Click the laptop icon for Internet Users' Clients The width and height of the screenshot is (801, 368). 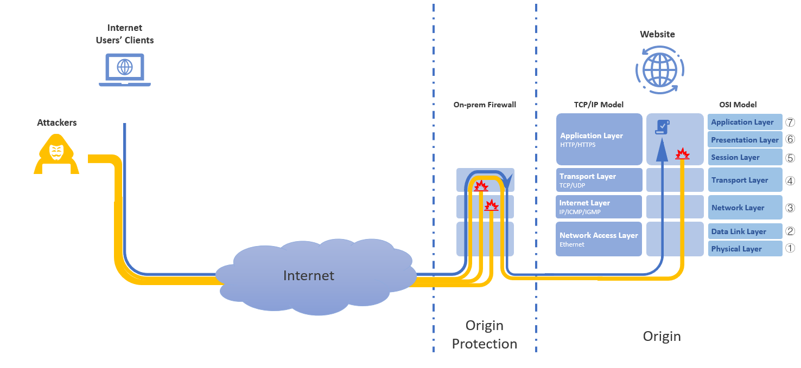coord(125,69)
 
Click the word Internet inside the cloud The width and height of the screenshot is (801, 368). coord(309,275)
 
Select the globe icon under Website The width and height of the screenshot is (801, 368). coord(660,69)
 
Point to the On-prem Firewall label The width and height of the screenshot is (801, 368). coord(485,105)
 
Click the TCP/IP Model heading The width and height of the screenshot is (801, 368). coord(599,105)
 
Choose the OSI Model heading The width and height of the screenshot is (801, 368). coord(737,105)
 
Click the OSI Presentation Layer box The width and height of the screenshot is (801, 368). coord(745,140)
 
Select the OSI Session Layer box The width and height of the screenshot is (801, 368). coord(745,157)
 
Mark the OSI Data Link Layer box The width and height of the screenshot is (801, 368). coord(745,231)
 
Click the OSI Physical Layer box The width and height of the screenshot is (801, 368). coord(745,249)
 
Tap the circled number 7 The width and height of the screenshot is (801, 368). coord(790,122)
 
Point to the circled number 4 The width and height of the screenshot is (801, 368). coord(790,180)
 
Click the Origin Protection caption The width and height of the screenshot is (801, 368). coord(484,335)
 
